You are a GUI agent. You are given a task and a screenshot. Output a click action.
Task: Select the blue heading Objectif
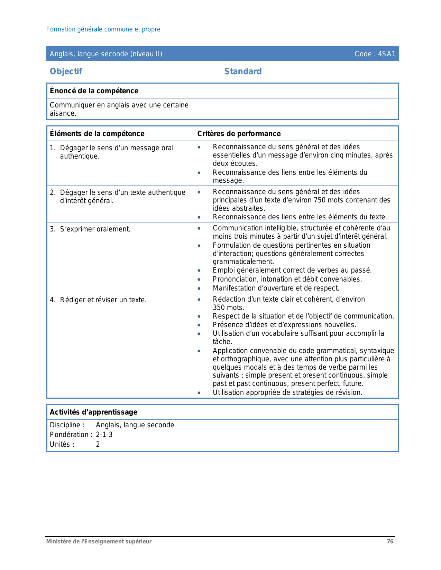pos(66,72)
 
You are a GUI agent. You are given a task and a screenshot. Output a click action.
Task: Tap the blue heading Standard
pos(243,72)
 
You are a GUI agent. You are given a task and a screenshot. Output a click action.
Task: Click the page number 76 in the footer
pos(390,542)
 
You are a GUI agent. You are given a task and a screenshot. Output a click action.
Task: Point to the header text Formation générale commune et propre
pos(103,29)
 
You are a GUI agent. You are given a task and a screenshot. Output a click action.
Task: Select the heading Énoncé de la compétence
pos(94,91)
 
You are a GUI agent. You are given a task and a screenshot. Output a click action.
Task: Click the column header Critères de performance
pos(239,134)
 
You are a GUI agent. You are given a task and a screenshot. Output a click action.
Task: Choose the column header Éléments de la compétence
pos(97,134)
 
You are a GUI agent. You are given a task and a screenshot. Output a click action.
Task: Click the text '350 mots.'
pos(229,307)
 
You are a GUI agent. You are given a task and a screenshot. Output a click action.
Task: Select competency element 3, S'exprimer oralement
pos(95,229)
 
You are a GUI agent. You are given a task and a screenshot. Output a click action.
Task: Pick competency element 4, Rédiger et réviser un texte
pos(103,300)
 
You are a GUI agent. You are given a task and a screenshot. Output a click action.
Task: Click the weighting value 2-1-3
pos(104,435)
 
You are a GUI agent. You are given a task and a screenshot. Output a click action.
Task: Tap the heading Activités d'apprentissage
pos(94,412)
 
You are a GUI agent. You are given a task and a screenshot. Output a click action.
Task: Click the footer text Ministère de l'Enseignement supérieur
pos(99,542)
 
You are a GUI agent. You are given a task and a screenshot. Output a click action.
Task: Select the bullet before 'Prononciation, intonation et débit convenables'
pos(199,279)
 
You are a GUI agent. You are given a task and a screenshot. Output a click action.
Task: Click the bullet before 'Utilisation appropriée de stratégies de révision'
pos(199,393)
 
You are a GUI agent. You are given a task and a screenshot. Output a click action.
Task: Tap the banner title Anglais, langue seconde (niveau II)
pos(106,54)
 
